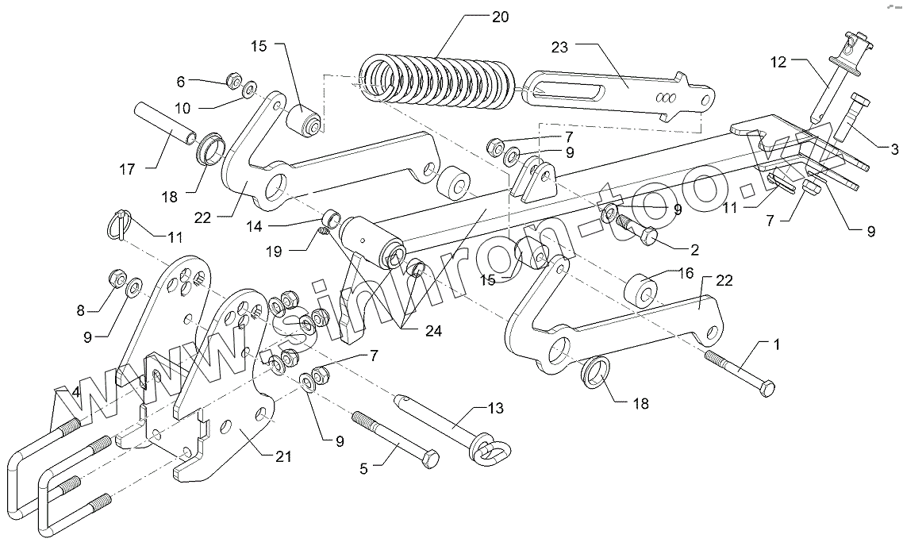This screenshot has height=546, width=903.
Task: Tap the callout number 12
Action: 778,62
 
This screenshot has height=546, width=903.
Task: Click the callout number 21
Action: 282,456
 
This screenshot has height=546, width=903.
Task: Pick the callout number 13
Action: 494,409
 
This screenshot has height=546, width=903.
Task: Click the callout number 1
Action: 777,344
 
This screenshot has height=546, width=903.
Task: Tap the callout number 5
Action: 364,469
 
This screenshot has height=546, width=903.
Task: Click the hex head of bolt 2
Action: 646,236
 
